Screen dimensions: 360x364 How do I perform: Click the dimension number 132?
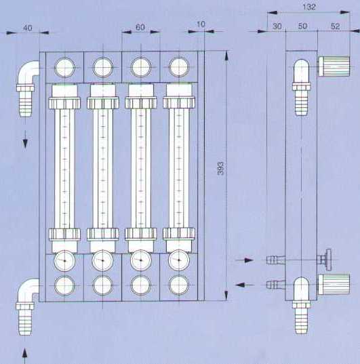[x=309, y=7]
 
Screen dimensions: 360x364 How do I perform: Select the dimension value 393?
[x=221, y=168]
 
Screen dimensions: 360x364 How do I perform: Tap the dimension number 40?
[x=28, y=28]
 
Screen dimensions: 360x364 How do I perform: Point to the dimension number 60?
[x=140, y=27]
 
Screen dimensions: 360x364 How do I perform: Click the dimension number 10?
[x=201, y=24]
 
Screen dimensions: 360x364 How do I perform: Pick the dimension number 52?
[x=335, y=26]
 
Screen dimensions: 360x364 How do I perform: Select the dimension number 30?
[x=277, y=26]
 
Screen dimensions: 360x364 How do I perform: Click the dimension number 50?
[x=302, y=26]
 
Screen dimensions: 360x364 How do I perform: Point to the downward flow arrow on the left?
[x=25, y=139]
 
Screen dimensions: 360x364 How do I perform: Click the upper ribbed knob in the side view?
[x=334, y=66]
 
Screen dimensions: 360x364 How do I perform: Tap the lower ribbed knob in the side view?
[x=334, y=284]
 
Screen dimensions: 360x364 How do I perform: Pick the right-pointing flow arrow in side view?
[x=244, y=260]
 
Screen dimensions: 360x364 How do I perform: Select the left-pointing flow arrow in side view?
[x=244, y=285]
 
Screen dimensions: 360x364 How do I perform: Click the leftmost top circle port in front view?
[x=65, y=67]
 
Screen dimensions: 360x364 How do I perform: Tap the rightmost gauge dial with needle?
[x=179, y=260]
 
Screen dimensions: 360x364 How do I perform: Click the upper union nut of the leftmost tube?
[x=64, y=103]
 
